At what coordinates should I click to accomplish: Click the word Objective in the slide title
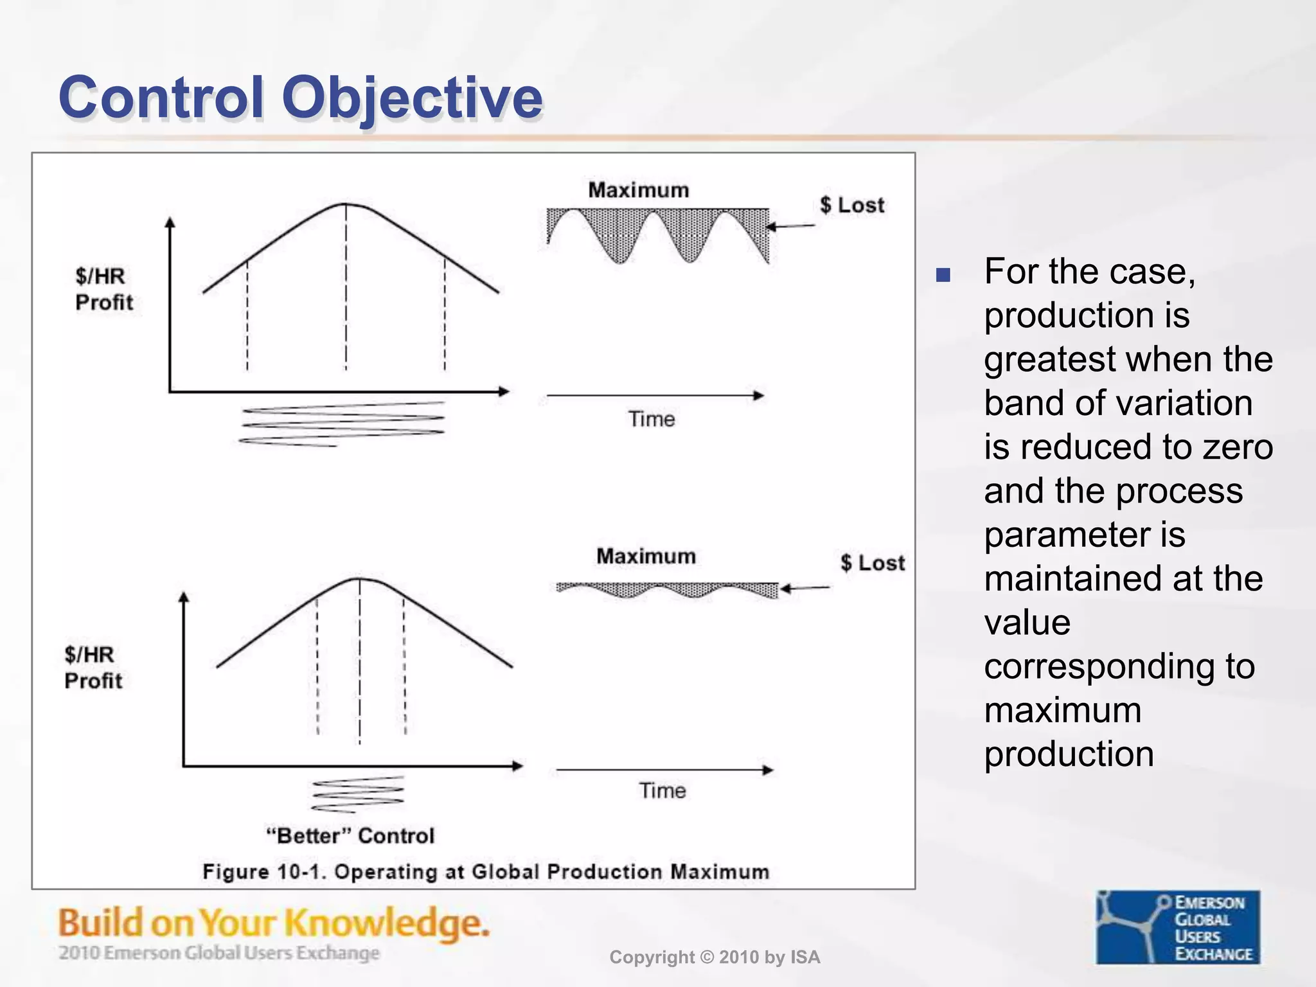[412, 98]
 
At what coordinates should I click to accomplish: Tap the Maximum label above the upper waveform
[638, 190]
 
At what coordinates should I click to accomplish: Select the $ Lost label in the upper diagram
[852, 205]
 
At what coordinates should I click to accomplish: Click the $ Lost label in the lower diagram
[873, 563]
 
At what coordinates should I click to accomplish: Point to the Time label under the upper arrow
[652, 419]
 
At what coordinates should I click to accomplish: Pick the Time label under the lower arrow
[662, 790]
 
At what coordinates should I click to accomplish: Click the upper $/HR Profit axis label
[103, 289]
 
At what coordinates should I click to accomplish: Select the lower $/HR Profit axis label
[93, 668]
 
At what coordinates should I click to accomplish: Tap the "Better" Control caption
[350, 836]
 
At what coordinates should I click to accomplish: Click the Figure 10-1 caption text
[486, 872]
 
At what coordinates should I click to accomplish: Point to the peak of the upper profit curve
[346, 204]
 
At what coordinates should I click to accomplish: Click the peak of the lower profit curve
[359, 579]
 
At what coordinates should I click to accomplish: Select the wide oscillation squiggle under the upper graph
[342, 424]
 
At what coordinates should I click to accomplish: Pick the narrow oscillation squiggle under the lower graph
[358, 794]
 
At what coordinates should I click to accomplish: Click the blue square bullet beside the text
[943, 275]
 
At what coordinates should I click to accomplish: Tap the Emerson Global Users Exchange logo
[1177, 927]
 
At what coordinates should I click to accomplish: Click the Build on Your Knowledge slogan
[274, 923]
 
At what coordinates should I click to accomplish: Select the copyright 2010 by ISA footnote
[715, 957]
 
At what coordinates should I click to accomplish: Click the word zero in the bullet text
[1237, 447]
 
